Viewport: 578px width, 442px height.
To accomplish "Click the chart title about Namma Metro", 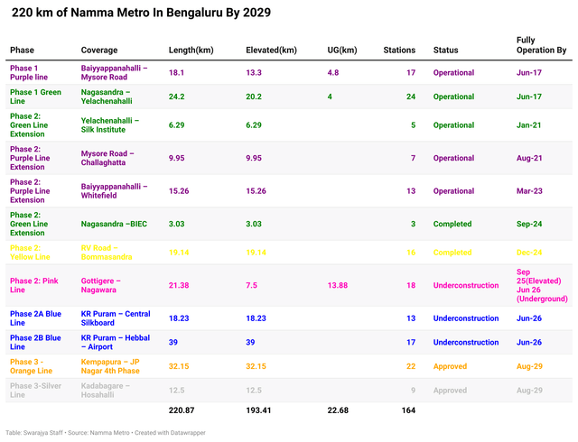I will coord(140,14).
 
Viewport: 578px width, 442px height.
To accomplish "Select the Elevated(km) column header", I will coord(271,50).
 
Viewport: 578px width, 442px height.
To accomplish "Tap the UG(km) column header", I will coord(341,50).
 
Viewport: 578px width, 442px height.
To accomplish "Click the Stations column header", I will coord(399,50).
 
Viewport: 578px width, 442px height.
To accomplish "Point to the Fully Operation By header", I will coord(541,45).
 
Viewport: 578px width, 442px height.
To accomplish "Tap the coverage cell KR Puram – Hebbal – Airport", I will coord(115,342).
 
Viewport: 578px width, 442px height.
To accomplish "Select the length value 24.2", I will coord(177,97).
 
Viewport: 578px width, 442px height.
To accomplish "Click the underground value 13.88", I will coord(338,285).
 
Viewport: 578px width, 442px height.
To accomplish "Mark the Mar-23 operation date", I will coord(530,190).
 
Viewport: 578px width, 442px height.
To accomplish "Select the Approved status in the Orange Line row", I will coord(450,366).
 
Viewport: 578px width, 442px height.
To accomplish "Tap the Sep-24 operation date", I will coord(529,224).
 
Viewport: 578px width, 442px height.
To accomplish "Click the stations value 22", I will coord(411,366).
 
